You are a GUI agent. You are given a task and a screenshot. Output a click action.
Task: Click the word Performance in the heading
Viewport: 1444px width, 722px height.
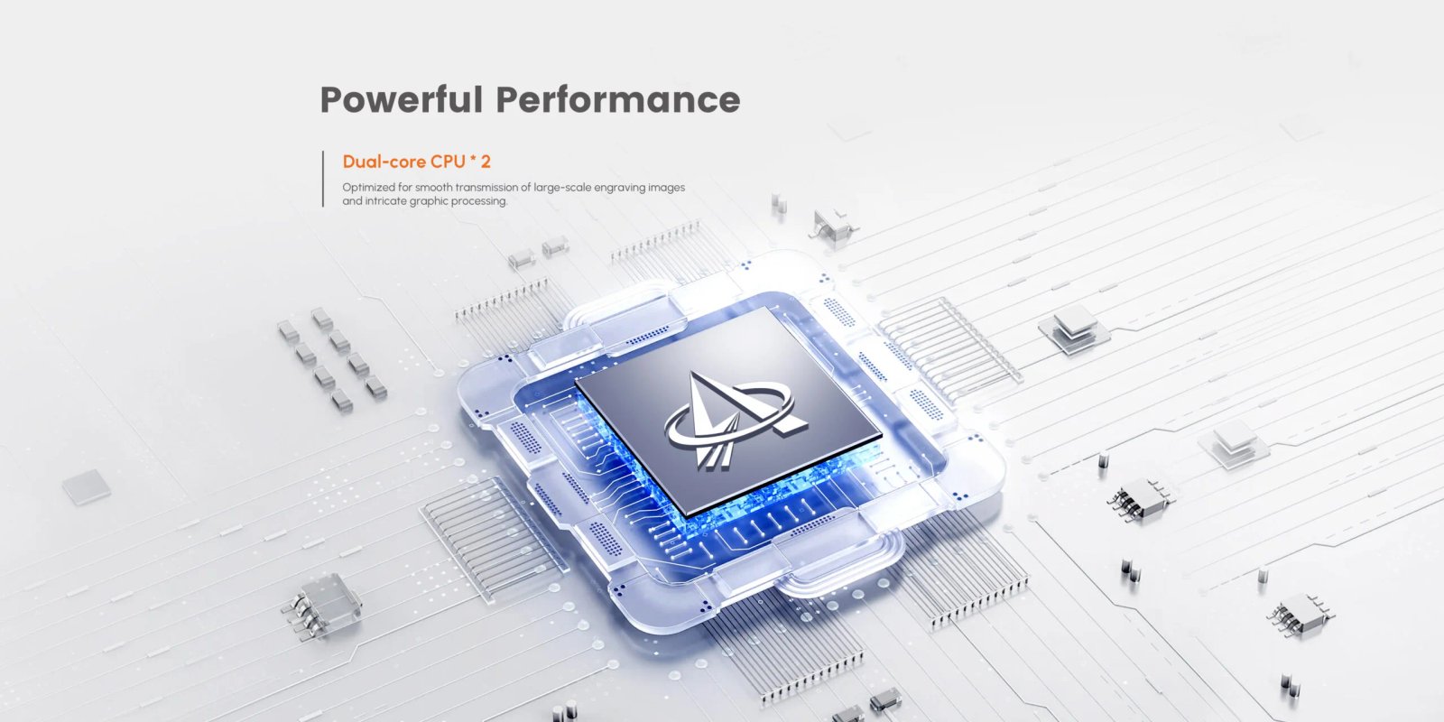[618, 99]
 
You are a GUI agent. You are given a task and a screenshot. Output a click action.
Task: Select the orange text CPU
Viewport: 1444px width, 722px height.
[448, 162]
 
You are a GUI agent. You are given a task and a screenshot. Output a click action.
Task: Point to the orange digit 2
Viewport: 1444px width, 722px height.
[486, 162]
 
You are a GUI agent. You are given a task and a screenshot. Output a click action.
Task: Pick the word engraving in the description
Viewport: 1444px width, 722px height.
[618, 188]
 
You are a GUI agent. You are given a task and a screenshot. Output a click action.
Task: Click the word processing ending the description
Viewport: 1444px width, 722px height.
[485, 201]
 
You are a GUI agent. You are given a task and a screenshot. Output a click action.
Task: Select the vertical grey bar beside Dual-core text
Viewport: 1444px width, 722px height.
[323, 179]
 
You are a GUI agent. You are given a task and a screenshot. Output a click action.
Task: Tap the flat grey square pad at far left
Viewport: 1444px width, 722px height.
[87, 486]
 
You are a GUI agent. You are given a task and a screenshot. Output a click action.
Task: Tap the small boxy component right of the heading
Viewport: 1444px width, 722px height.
[833, 226]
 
